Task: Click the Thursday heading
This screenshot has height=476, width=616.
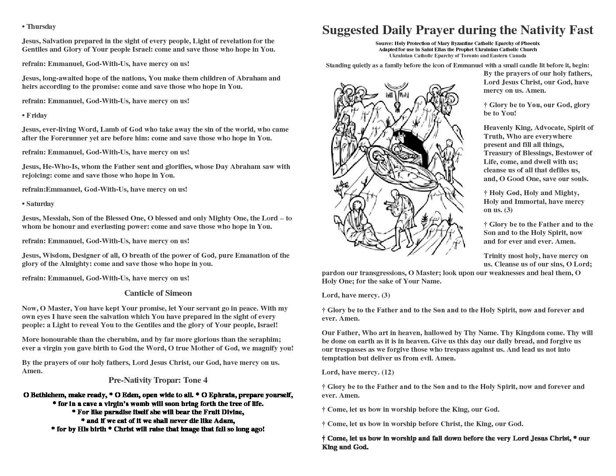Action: point(41,27)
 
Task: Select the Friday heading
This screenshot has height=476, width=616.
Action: point(36,115)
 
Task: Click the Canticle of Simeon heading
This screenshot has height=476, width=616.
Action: point(158,293)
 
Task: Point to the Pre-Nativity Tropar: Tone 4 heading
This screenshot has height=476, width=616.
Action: point(158,380)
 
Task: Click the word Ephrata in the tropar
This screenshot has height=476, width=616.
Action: point(226,395)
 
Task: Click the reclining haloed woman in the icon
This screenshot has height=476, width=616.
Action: point(385,162)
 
